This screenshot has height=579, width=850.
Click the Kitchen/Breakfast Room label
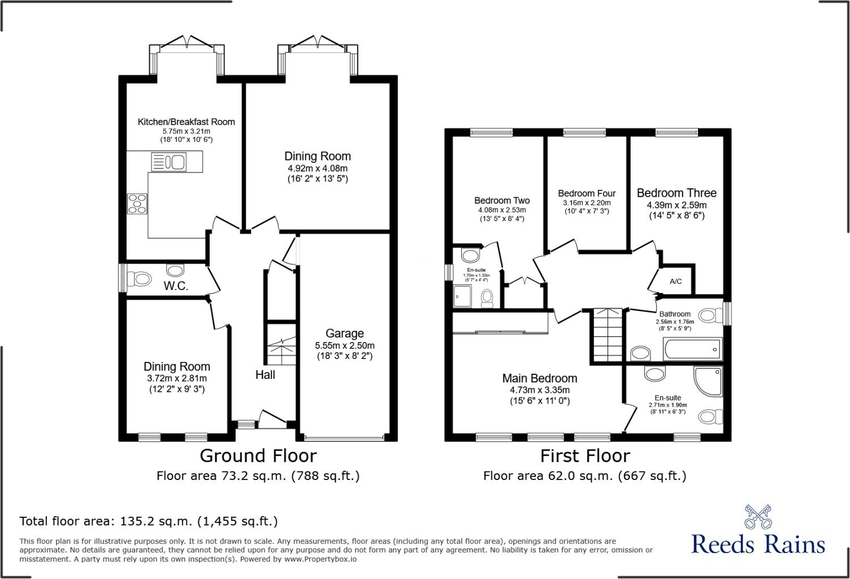point(187,122)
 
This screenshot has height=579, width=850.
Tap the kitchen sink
point(169,163)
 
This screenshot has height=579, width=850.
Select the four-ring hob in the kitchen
point(137,204)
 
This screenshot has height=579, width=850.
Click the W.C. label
point(176,286)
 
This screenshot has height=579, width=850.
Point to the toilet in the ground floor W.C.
point(139,279)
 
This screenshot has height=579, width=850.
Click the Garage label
point(345,334)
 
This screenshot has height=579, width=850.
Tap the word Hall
point(265,374)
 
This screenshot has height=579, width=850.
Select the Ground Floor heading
point(258,455)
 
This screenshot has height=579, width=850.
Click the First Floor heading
point(585,455)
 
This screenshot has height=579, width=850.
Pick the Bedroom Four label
point(587,193)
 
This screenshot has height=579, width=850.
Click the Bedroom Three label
point(676,193)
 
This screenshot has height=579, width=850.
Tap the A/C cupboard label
point(675,282)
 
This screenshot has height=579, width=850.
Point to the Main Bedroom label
point(540,378)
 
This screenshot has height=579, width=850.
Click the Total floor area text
point(149,521)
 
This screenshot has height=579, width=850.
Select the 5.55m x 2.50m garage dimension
point(345,345)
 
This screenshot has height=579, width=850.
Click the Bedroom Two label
point(502,200)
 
